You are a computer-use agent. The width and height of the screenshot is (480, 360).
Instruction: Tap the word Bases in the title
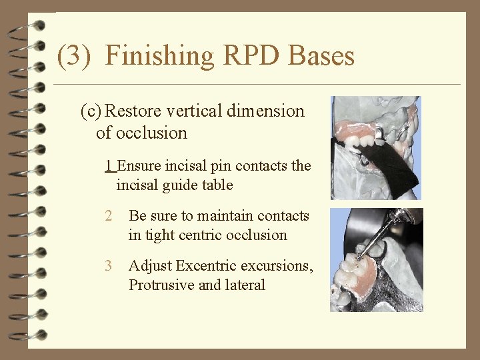point(322,55)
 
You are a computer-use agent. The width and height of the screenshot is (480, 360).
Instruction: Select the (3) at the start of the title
point(73,55)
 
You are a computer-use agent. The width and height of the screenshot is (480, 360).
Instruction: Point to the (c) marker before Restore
point(91,111)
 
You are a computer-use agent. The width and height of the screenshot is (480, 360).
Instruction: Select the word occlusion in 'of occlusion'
point(151,133)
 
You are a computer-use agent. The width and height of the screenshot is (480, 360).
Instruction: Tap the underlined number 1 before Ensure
point(109,165)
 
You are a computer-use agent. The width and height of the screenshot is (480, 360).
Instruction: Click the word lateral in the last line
point(247,285)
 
